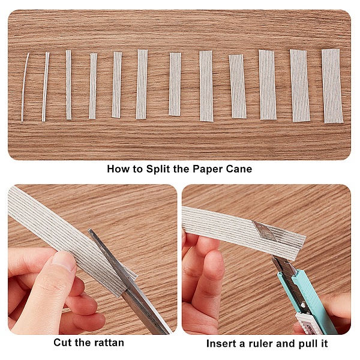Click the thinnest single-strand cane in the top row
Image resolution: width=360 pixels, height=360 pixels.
coord(25,87)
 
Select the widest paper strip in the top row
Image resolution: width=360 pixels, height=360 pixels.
coord(332,86)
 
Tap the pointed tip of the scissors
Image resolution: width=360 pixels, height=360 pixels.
coord(89,230)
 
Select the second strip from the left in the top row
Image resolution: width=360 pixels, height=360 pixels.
coord(46,87)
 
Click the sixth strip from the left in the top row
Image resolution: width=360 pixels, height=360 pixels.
coord(142,84)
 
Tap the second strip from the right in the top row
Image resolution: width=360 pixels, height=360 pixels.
coord(300,85)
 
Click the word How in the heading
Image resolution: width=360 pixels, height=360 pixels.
coord(118,169)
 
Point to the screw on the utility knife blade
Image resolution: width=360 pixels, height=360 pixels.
coord(303,305)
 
